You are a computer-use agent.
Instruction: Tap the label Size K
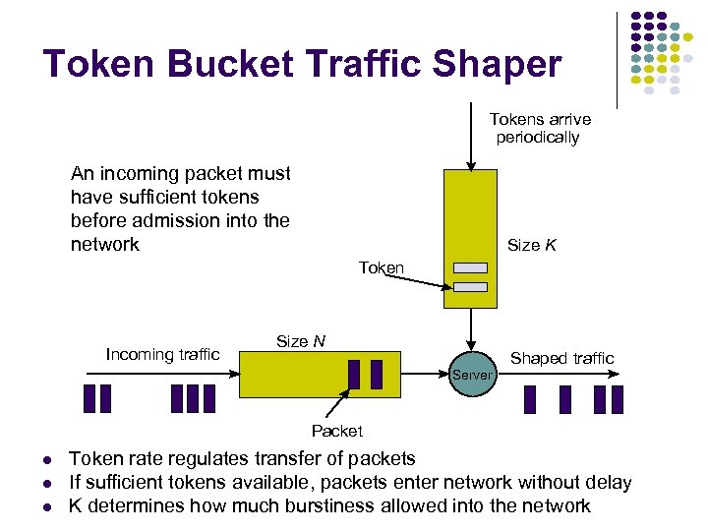pos(531,245)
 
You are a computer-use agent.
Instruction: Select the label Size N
pos(301,341)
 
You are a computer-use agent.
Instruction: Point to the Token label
pos(381,267)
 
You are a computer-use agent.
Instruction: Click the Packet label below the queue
pos(336,431)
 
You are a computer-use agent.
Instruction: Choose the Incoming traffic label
pos(162,354)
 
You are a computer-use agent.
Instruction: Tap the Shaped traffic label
pos(561,358)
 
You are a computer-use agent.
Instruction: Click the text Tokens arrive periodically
pos(540,129)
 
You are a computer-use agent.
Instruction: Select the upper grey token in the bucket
pos(471,267)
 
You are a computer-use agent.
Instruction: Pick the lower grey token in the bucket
pos(471,287)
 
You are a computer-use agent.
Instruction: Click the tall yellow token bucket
pos(471,216)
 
